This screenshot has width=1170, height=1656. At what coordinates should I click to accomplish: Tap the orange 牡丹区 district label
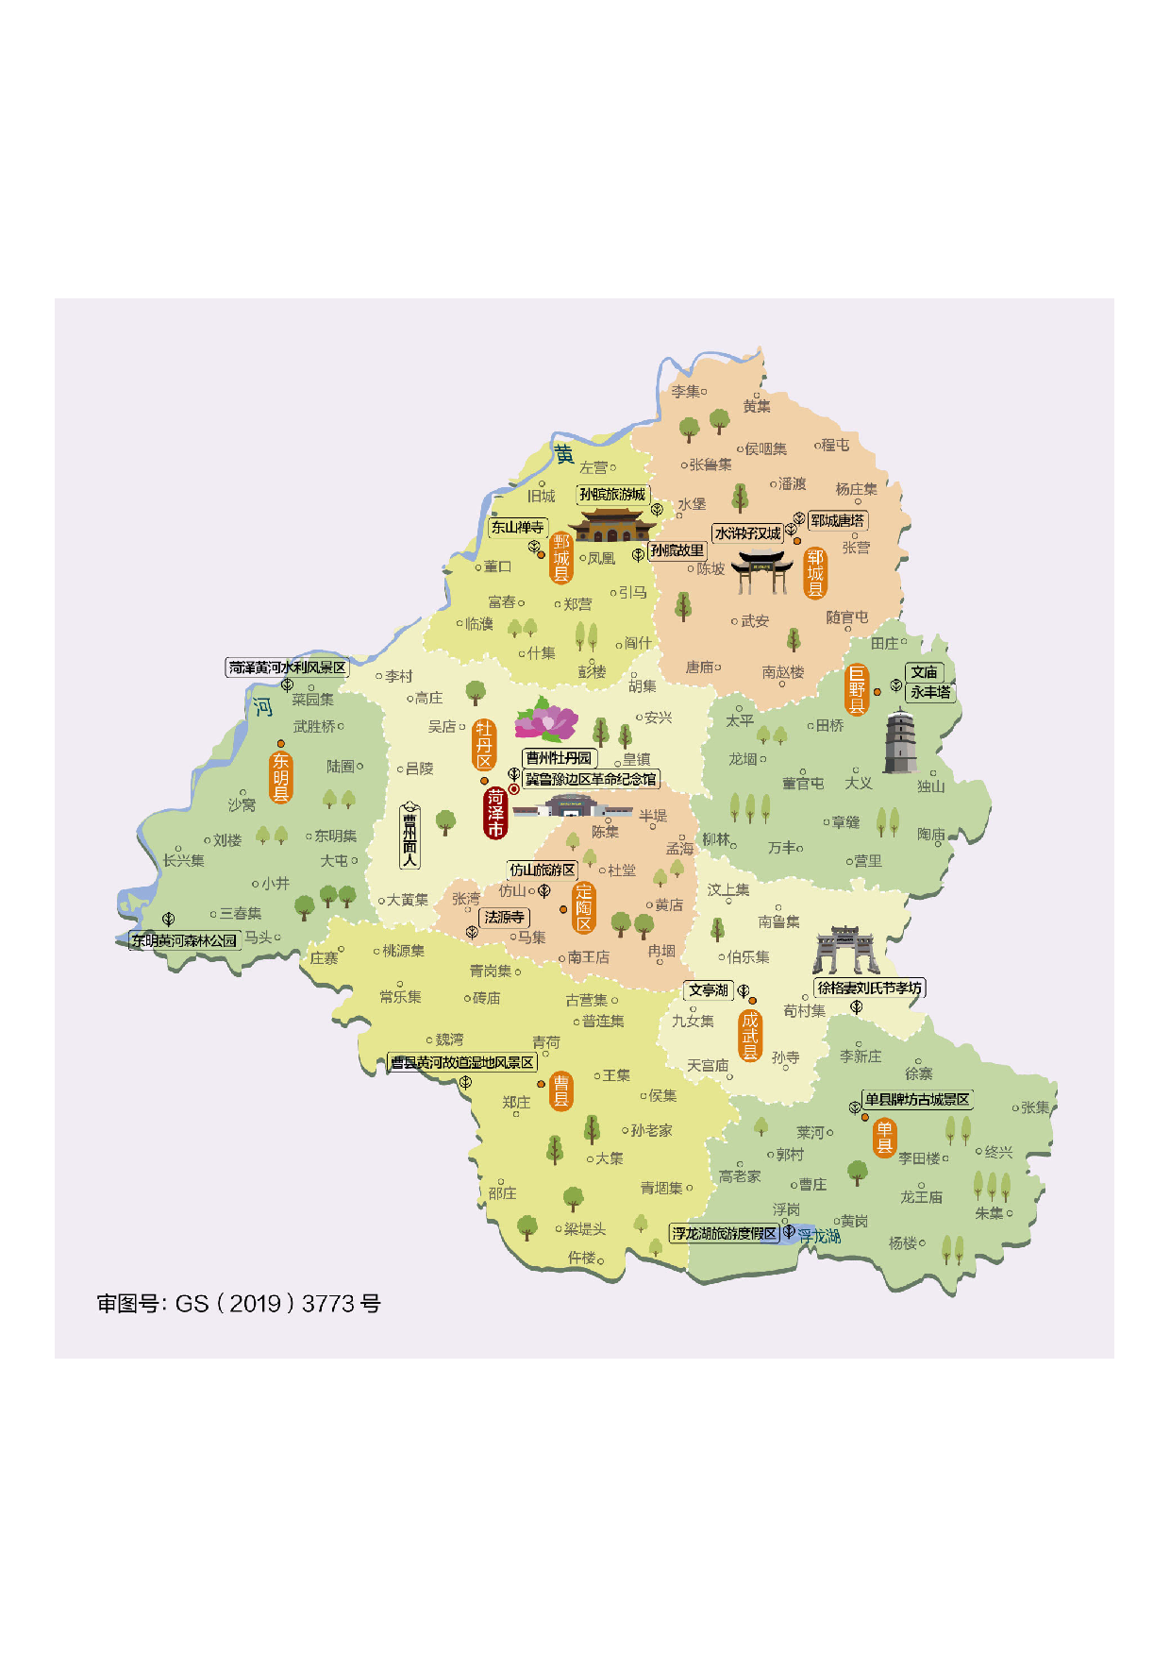pyautogui.click(x=484, y=745)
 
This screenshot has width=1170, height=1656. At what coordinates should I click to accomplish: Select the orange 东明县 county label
pyautogui.click(x=281, y=777)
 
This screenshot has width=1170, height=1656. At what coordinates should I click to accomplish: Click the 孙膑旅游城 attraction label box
pyautogui.click(x=612, y=495)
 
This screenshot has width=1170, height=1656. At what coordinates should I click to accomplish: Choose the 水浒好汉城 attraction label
pyautogui.click(x=747, y=533)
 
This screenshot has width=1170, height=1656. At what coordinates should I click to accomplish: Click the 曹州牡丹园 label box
pyautogui.click(x=559, y=758)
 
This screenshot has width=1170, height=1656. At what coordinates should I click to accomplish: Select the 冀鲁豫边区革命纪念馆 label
pyautogui.click(x=591, y=779)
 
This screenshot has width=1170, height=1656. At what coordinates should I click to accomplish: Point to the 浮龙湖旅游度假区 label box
pyautogui.click(x=724, y=1234)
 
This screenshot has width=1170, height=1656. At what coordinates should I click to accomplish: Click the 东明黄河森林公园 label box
pyautogui.click(x=184, y=940)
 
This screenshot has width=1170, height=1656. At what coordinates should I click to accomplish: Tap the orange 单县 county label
pyautogui.click(x=884, y=1138)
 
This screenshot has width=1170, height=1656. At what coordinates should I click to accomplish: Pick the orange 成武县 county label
pyautogui.click(x=750, y=1036)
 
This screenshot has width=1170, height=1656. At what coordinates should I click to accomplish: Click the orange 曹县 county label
pyautogui.click(x=560, y=1090)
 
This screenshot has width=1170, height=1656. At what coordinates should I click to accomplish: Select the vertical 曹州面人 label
pyautogui.click(x=409, y=836)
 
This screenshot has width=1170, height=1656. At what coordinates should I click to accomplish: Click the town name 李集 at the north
pyautogui.click(x=686, y=391)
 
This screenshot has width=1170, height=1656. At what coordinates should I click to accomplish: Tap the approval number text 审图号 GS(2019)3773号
pyautogui.click(x=239, y=1304)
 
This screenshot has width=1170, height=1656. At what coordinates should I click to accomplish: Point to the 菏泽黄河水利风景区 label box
pyautogui.click(x=287, y=667)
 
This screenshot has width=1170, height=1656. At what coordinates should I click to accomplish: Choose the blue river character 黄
pyautogui.click(x=563, y=455)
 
